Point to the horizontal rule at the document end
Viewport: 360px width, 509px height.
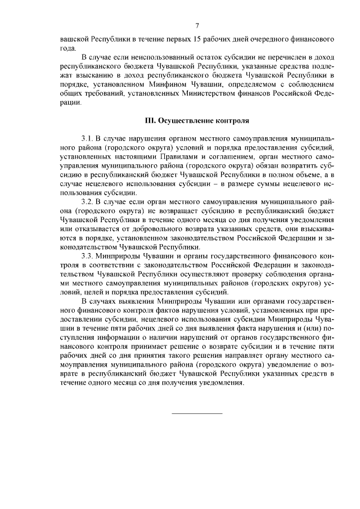(196, 413)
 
